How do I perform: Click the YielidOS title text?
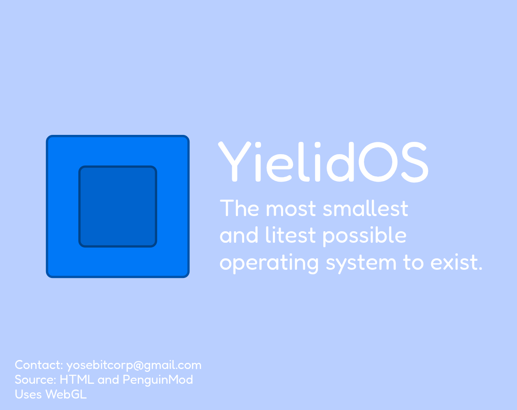point(323,162)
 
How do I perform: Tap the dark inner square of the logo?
point(118,207)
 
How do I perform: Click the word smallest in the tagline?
point(366,208)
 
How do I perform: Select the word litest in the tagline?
point(291,235)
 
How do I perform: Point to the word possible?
point(364,237)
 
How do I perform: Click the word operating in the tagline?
point(269,264)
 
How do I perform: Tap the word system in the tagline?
point(361,264)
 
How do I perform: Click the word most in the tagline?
point(291,209)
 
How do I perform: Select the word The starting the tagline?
point(240,208)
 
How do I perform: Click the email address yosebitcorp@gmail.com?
point(134,366)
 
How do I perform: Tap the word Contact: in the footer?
point(39,364)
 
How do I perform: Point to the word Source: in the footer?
point(36,380)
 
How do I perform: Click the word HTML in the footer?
point(77,380)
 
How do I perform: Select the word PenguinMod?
point(158,380)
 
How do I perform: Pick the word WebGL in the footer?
point(66,394)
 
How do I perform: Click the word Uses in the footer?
point(28,394)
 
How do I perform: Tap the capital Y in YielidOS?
point(234,162)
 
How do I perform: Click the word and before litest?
point(239,235)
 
